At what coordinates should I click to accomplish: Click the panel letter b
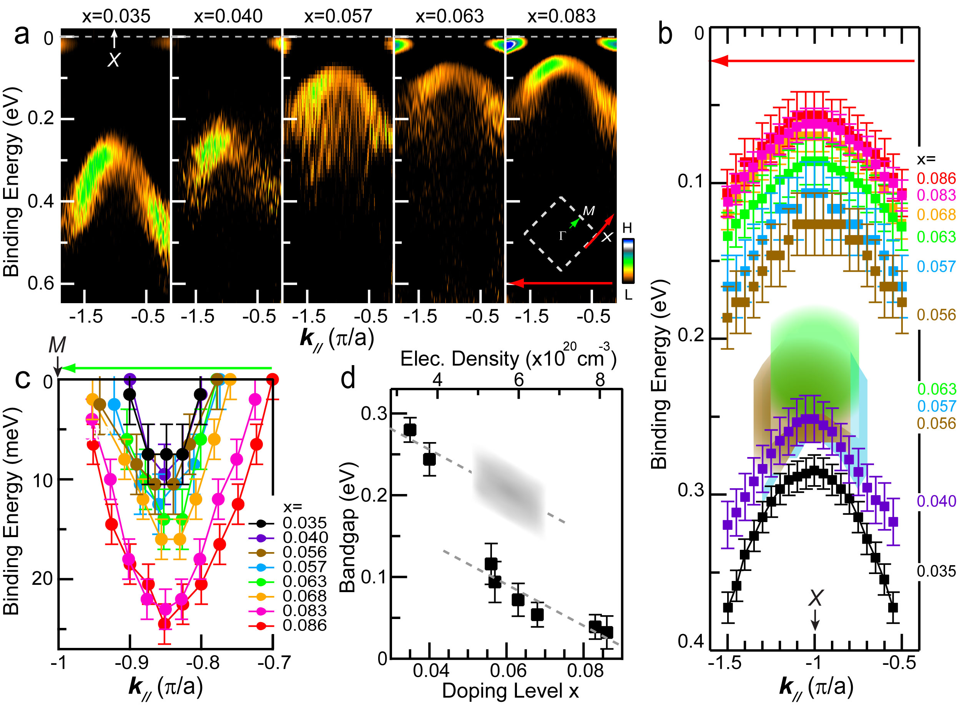tap(665, 34)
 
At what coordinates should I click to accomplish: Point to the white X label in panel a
tap(113, 60)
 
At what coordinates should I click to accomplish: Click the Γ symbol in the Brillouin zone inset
tap(562, 236)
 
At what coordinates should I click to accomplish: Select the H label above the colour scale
tap(627, 228)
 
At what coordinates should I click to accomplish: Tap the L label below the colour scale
tap(628, 295)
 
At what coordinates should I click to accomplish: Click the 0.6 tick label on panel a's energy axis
tap(41, 284)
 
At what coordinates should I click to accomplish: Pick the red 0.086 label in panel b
tap(936, 179)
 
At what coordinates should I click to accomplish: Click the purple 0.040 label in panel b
tap(936, 501)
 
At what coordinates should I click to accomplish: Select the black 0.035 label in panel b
tap(936, 572)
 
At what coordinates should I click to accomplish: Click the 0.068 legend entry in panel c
tap(304, 596)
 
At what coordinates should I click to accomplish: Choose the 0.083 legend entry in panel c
tap(304, 611)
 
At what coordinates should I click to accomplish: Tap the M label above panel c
tap(57, 345)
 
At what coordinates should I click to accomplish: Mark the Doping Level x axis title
tap(510, 691)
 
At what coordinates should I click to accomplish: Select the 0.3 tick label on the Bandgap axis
tap(374, 414)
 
